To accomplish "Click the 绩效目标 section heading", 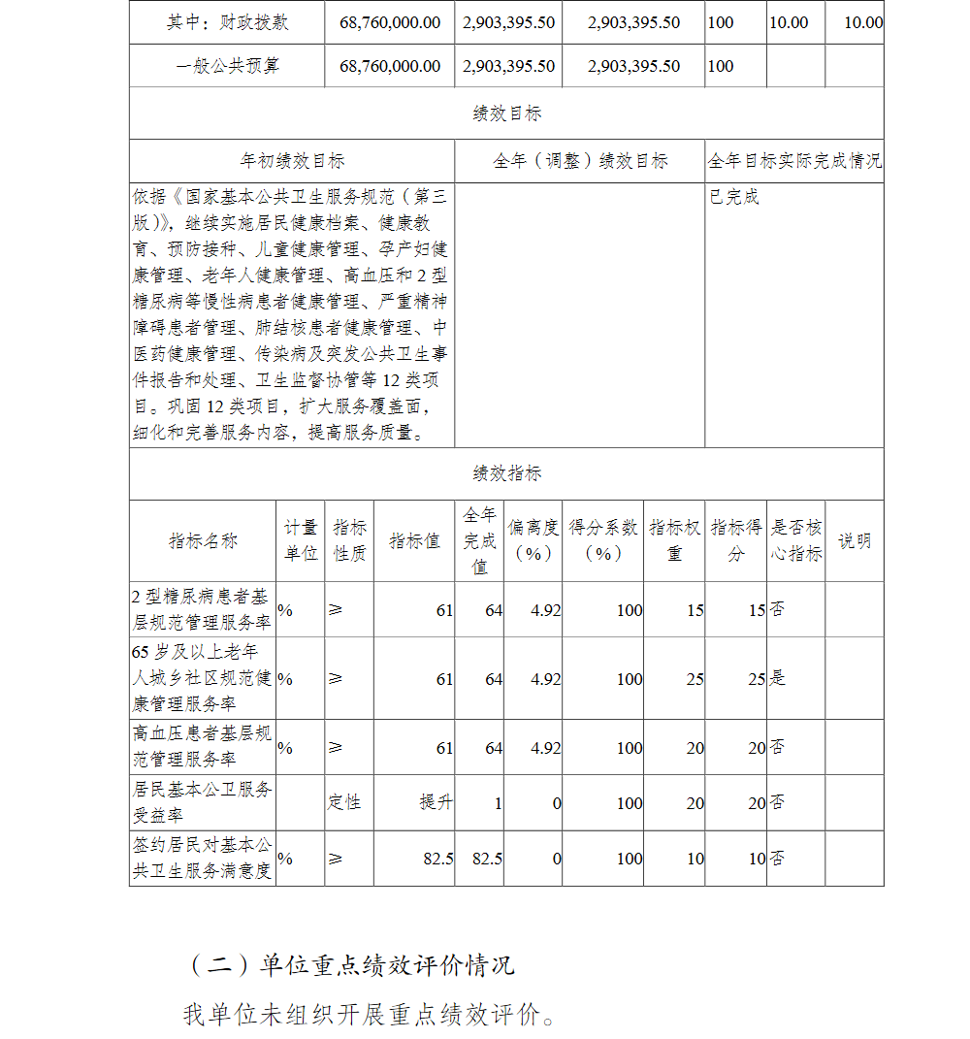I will coord(506,114).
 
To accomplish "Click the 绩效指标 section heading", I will coord(506,473).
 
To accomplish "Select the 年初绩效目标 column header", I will coord(292,161).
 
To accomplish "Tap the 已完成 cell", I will coord(734,198).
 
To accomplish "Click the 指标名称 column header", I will coord(204,541).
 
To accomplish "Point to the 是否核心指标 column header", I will coord(796,541).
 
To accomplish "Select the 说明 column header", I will coord(855,541).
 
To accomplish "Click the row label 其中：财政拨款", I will coord(227,22).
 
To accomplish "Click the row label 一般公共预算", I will coord(227,66).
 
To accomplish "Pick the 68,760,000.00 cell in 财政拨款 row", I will coord(390,22).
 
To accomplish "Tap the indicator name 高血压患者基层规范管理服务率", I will coord(202,747).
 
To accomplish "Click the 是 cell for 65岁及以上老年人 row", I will coord(778,678).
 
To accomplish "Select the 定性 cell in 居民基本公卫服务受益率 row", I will coord(344,802).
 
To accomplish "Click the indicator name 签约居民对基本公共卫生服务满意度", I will coord(202,859).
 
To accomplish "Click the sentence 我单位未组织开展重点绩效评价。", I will coord(371,1015).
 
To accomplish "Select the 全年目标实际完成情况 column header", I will coord(794,161).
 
